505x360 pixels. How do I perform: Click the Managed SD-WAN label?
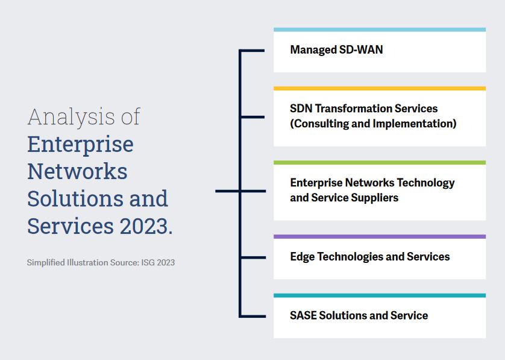point(336,50)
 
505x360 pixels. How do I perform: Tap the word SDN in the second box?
point(301,109)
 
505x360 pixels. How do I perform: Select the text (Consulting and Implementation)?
point(373,124)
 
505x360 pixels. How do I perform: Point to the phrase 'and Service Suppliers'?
point(344,198)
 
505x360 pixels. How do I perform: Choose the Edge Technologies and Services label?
point(369,257)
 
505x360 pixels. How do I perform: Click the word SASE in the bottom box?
point(303,315)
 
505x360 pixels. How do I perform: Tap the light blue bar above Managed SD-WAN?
point(379,30)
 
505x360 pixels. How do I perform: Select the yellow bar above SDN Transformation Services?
point(379,89)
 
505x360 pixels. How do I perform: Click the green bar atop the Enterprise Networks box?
point(379,162)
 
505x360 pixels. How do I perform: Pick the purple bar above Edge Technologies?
point(379,236)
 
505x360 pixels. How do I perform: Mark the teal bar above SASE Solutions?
point(379,295)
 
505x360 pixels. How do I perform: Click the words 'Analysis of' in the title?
point(84,116)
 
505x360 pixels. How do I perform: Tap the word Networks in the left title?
point(77,171)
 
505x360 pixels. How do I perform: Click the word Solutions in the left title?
point(72,198)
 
